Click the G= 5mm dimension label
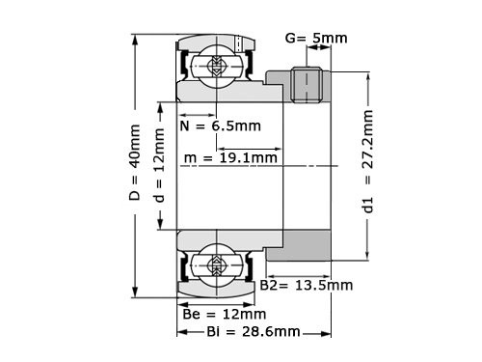tap(317, 39)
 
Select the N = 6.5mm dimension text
tap(221, 126)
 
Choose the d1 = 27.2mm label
tap(367, 164)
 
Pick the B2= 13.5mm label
tap(308, 286)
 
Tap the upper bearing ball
tap(217, 67)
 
